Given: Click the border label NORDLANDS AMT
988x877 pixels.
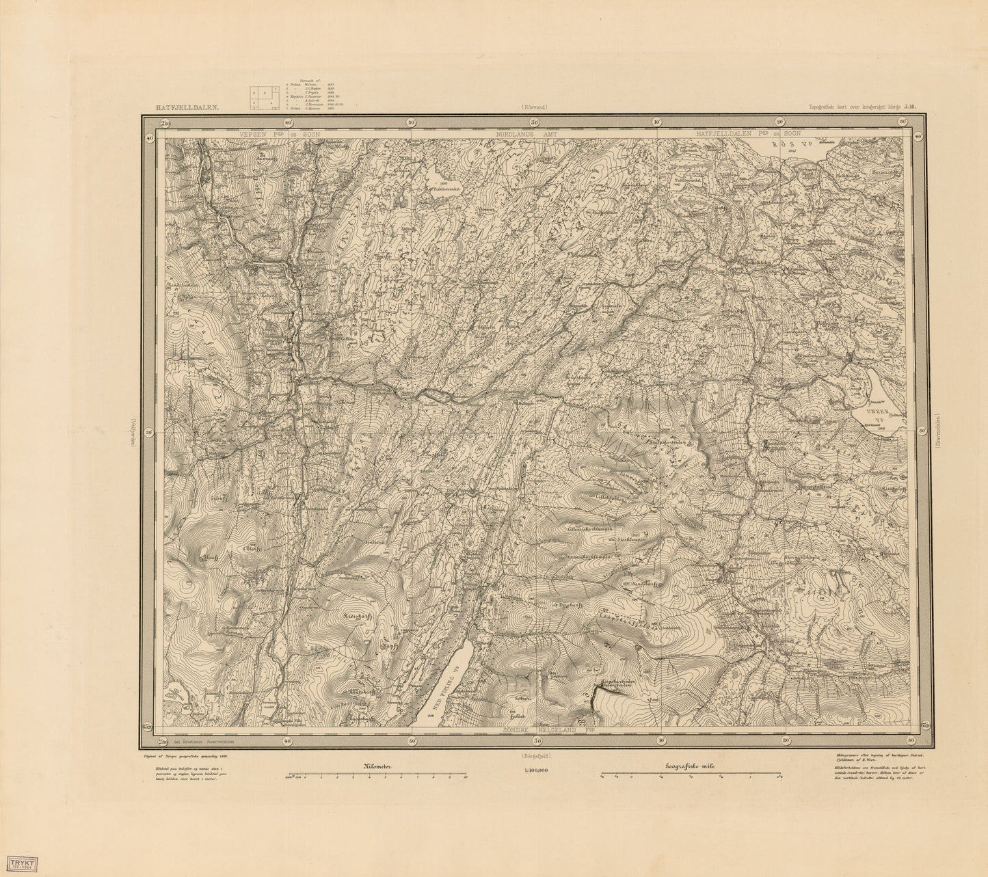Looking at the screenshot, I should [536, 136].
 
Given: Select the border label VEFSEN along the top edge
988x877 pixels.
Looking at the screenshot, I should [264, 136].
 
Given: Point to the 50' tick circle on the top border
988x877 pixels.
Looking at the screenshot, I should [410, 123].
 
